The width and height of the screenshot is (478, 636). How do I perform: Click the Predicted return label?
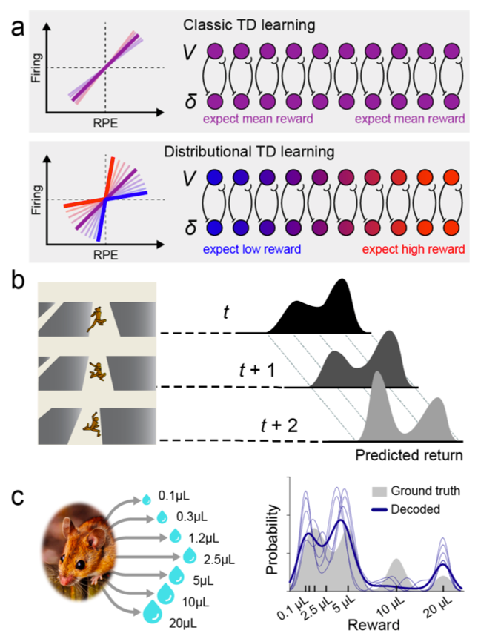pyautogui.click(x=409, y=453)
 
